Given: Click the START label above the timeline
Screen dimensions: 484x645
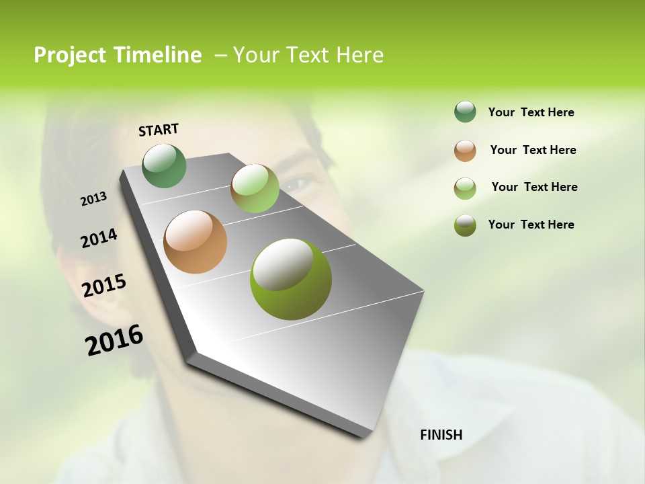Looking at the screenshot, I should tap(159, 130).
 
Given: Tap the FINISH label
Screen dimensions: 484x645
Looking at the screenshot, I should tap(441, 435).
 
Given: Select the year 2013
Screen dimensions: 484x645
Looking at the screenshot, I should tap(94, 199).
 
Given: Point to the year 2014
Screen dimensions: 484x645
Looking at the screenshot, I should tap(99, 238).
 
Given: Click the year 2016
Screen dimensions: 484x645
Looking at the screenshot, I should tap(114, 340).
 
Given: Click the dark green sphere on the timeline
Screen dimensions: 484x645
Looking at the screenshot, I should tap(165, 165).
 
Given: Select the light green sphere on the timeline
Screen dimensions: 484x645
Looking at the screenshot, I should tap(255, 188).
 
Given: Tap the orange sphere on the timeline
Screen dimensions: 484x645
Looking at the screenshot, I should tap(196, 242).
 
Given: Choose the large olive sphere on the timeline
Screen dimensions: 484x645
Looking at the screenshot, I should tap(291, 279).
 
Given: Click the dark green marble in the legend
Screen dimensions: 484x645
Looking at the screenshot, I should tap(465, 112).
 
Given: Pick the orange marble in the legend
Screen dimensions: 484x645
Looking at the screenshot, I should tap(465, 151).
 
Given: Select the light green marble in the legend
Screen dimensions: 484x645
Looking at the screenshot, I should tap(465, 188).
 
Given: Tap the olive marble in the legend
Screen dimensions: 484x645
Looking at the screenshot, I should tap(465, 225).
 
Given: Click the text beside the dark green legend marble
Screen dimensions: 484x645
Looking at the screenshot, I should tap(531, 113).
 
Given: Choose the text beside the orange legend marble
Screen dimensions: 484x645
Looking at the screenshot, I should tap(533, 150).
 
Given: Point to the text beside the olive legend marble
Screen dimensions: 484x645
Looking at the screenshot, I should tap(531, 225).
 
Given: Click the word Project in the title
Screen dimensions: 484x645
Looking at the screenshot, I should tap(70, 55).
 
